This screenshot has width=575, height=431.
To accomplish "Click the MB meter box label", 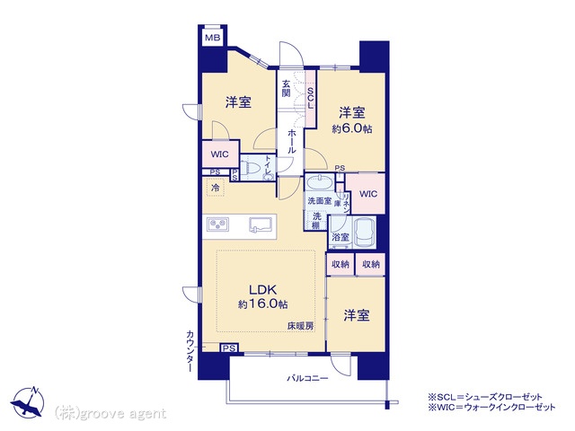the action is coord(212,38).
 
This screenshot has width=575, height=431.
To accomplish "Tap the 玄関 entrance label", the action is coord(286,88).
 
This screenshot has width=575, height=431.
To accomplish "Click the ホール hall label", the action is coord(292,141).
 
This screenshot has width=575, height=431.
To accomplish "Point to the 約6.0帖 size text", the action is coord(351,129).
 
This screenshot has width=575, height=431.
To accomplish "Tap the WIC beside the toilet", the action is coord(219,154).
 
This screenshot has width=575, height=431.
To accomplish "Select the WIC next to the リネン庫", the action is coord(368,194).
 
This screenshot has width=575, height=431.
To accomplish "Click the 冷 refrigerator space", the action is coord(216,188).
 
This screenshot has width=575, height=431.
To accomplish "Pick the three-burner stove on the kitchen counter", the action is coord(217,224).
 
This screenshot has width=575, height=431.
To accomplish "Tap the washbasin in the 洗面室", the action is coord(320,182).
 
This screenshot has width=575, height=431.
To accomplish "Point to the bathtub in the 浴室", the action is coord(365,233).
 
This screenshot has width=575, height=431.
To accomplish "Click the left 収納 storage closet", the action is coord(341,264).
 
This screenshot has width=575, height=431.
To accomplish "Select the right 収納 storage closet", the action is coord(371,264).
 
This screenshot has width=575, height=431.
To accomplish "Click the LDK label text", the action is coord(263,289).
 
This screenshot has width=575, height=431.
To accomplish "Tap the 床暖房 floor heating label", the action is coord(300,325).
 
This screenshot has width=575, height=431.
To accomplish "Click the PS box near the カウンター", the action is coord(229,348).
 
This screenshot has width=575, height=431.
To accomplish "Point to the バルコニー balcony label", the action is coord(307,378).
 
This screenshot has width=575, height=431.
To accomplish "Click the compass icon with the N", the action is coord(28,402).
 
